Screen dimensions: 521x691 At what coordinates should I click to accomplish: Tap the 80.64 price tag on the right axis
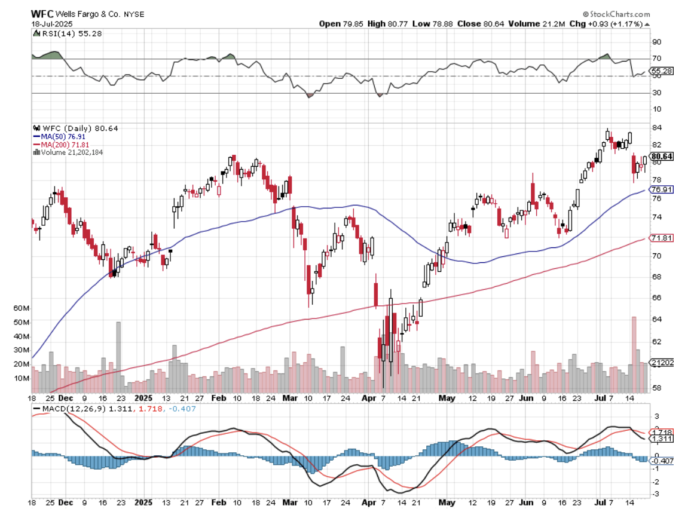click(x=662, y=157)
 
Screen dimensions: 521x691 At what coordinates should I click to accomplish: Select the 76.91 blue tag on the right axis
click(x=662, y=190)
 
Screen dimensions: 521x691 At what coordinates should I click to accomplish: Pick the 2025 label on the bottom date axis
click(x=144, y=397)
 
